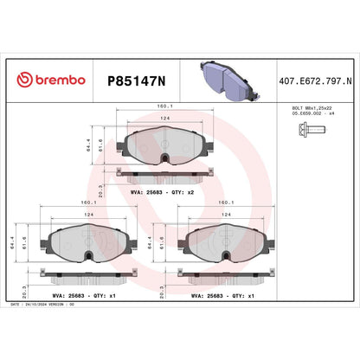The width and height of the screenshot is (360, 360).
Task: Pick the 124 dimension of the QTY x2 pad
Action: pos(164,119)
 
